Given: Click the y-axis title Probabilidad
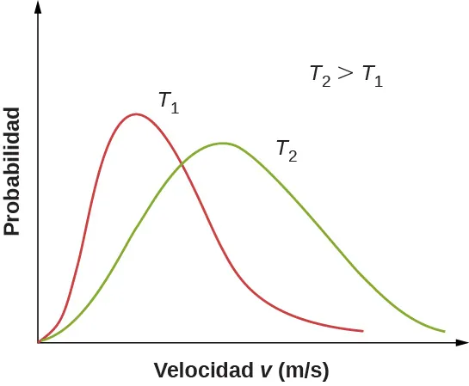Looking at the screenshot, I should pyautogui.click(x=12, y=172).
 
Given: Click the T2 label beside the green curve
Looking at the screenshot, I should pyautogui.click(x=287, y=150).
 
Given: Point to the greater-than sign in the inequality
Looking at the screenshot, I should pyautogui.click(x=345, y=75).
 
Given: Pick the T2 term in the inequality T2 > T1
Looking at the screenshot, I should pyautogui.click(x=320, y=76).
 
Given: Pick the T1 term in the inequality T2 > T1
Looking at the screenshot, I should pyautogui.click(x=372, y=76).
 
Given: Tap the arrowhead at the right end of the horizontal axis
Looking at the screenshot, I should pyautogui.click(x=460, y=342).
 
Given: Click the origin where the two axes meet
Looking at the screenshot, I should pyautogui.click(x=39, y=342).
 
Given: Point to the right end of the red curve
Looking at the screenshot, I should pyautogui.click(x=362, y=331).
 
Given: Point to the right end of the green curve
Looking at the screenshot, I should pyautogui.click(x=444, y=331).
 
